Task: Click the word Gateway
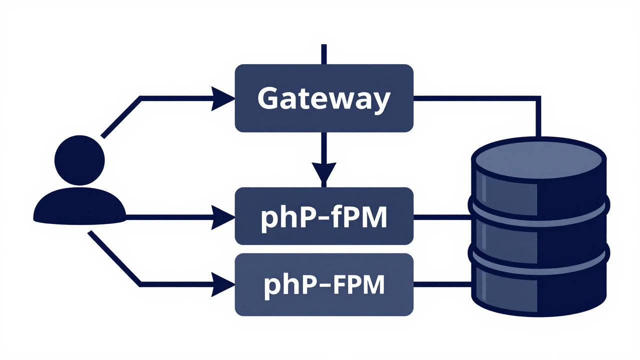click(323, 98)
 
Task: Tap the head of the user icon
click(79, 159)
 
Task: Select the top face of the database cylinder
click(538, 158)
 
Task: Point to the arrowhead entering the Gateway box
click(223, 98)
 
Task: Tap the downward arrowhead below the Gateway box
click(324, 172)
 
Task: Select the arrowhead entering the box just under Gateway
click(223, 216)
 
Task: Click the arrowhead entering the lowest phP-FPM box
click(223, 284)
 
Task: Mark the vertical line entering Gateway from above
click(324, 54)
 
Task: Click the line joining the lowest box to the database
click(442, 284)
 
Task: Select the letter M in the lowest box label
click(373, 284)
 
